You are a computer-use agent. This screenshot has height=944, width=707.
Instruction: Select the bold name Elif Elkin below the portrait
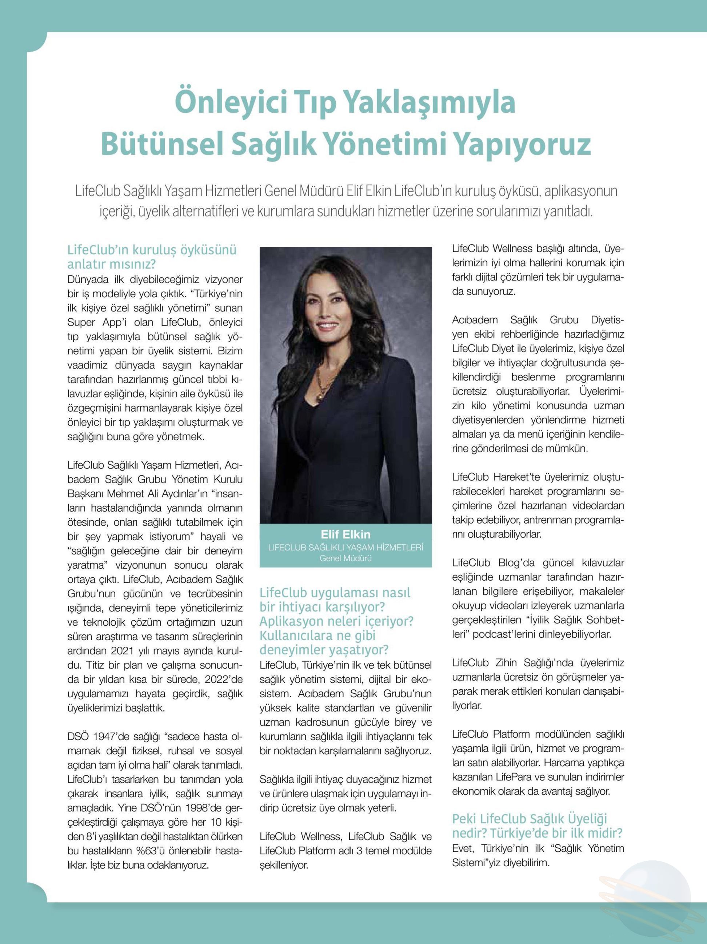click(345, 534)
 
